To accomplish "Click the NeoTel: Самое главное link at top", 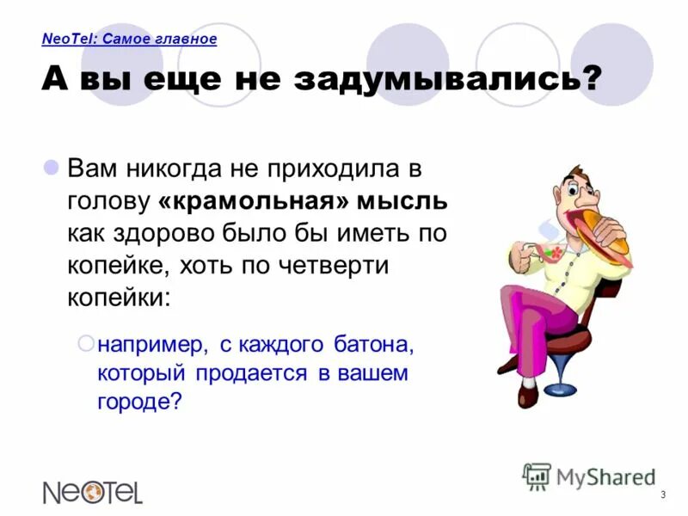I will tap(129, 39).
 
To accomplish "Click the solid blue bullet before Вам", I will tap(51, 165).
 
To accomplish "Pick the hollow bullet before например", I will tap(85, 343).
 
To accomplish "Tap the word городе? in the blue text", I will tap(140, 402).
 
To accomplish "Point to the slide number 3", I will tap(663, 494).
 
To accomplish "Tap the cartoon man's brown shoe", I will tap(525, 396).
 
